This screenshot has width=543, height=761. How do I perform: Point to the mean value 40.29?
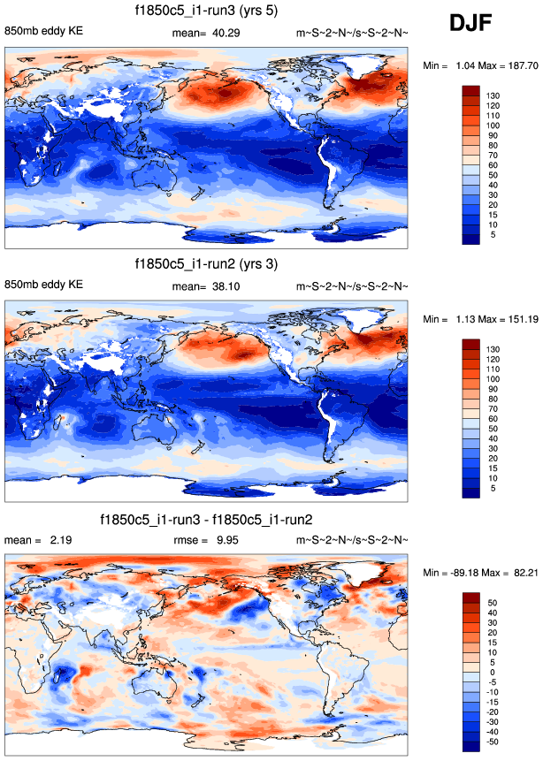coord(222,33)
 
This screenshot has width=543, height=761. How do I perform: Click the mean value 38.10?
coord(222,286)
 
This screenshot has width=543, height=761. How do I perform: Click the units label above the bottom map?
coord(353,539)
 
